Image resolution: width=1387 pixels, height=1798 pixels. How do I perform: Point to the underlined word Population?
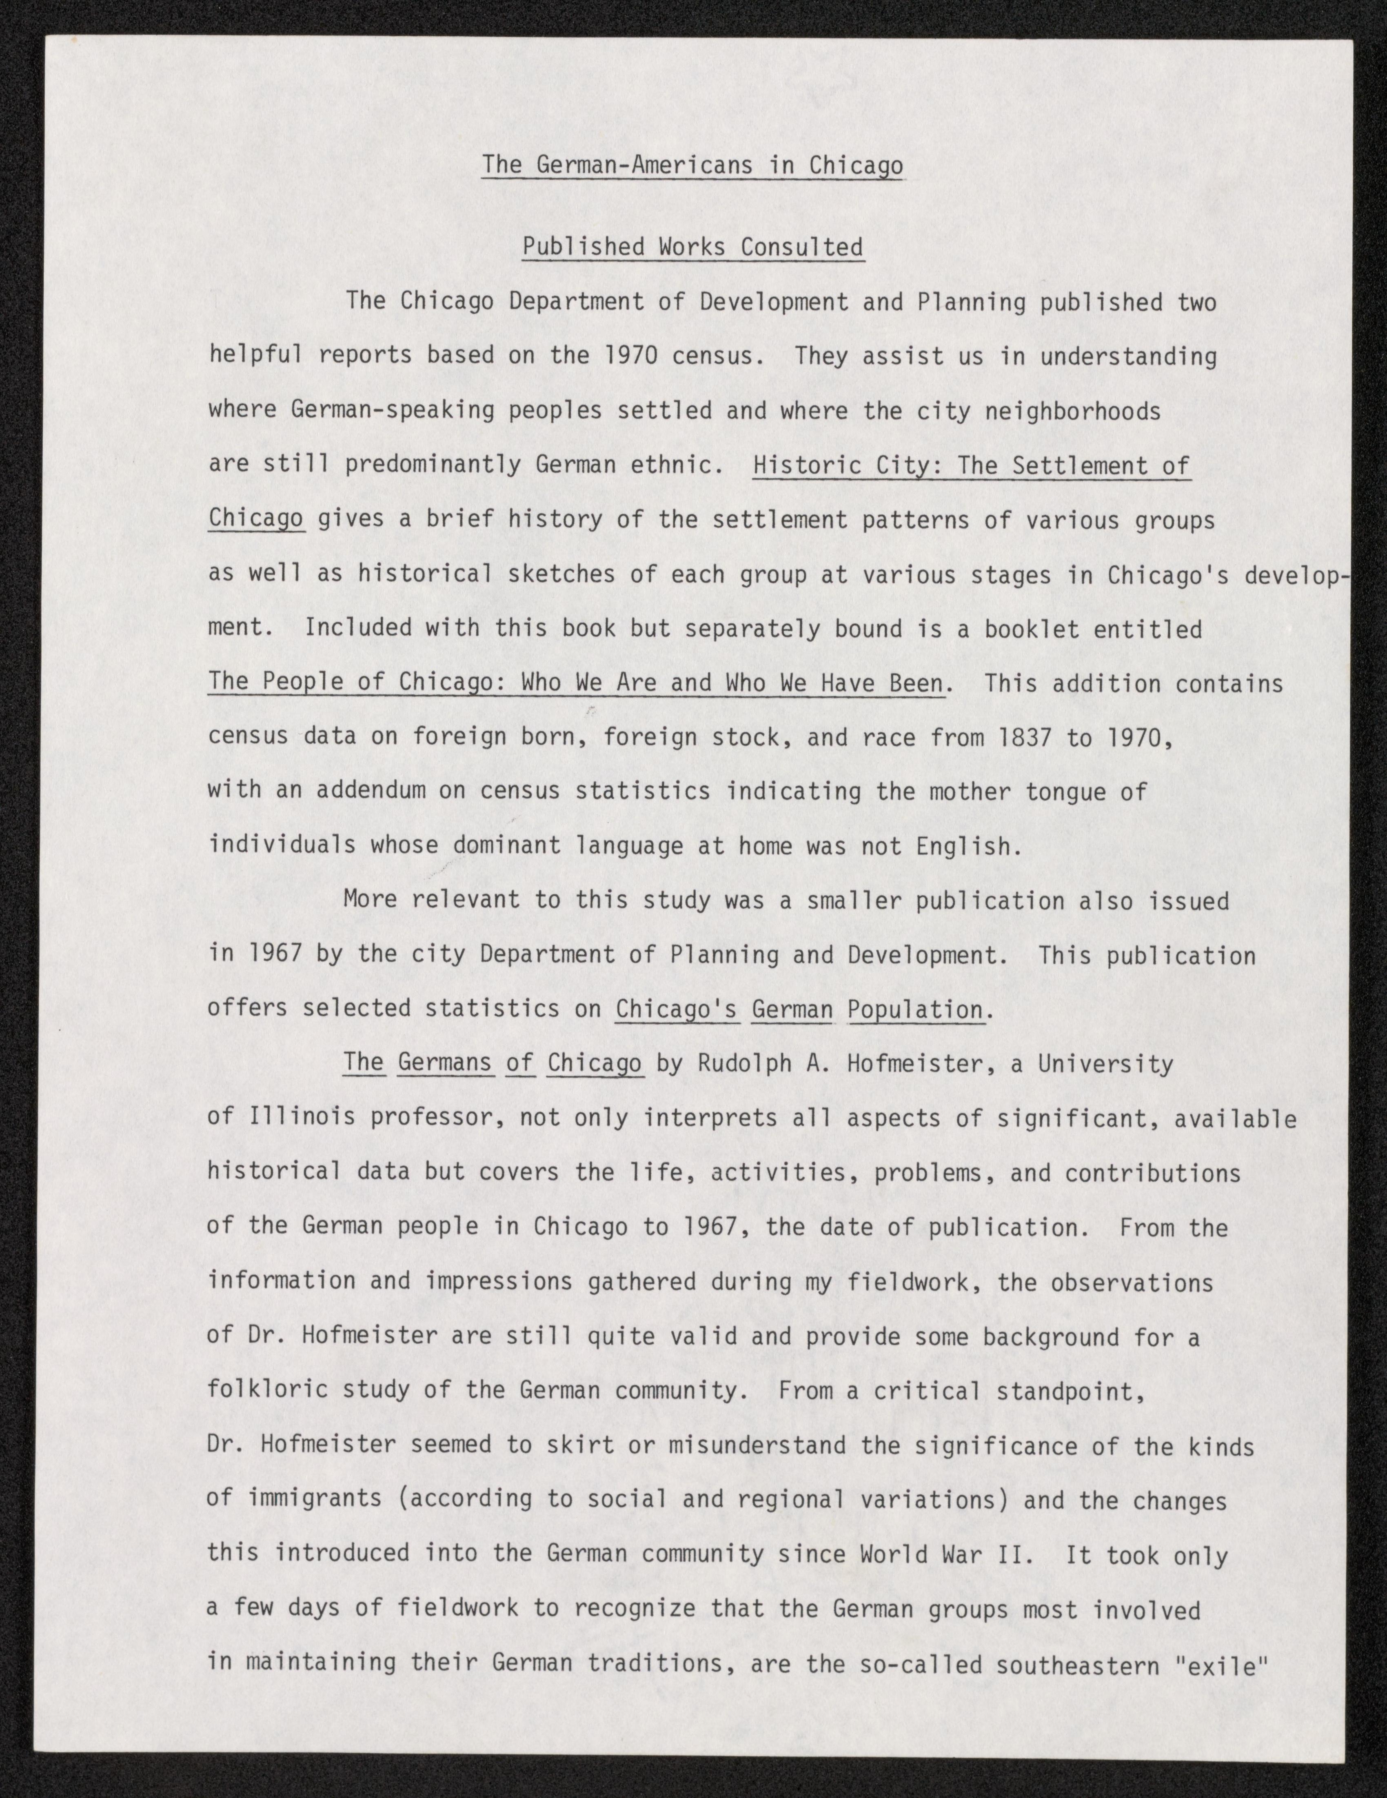pos(915,1009)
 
